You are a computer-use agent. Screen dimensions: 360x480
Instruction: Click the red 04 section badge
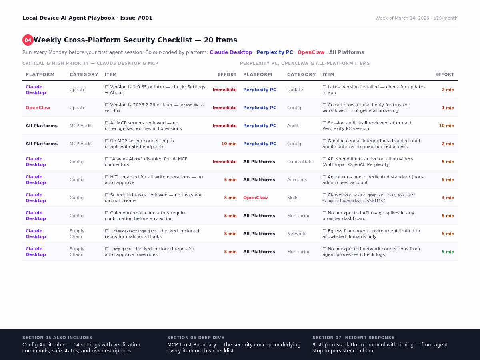click(28, 40)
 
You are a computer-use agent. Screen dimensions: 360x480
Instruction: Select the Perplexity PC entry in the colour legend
click(275, 52)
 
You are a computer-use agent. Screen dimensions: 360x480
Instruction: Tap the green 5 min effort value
click(448, 252)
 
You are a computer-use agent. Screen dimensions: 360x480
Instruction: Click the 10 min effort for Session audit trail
click(446, 126)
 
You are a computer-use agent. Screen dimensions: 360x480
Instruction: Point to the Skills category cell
click(293, 198)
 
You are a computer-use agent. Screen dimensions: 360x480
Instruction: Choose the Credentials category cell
click(300, 162)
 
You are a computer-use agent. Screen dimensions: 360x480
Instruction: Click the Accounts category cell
click(297, 180)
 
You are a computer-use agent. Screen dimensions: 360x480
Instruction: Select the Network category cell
click(296, 234)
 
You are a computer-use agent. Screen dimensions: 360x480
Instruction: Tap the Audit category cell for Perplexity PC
click(293, 126)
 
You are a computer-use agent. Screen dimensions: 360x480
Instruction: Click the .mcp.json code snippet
click(121, 249)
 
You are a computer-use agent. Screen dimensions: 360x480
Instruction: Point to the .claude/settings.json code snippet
click(134, 231)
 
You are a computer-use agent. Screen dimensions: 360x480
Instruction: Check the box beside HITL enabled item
click(107, 177)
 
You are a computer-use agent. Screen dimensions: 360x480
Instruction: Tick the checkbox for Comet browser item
click(324, 105)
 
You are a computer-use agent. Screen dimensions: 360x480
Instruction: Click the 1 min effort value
click(448, 108)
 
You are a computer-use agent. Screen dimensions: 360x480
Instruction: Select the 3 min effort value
click(448, 198)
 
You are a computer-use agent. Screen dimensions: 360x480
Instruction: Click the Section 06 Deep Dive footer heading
click(196, 338)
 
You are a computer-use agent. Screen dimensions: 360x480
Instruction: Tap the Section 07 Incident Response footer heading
click(353, 338)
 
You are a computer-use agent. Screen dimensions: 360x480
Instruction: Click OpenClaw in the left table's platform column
click(38, 108)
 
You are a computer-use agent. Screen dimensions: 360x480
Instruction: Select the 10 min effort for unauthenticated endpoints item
click(229, 144)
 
